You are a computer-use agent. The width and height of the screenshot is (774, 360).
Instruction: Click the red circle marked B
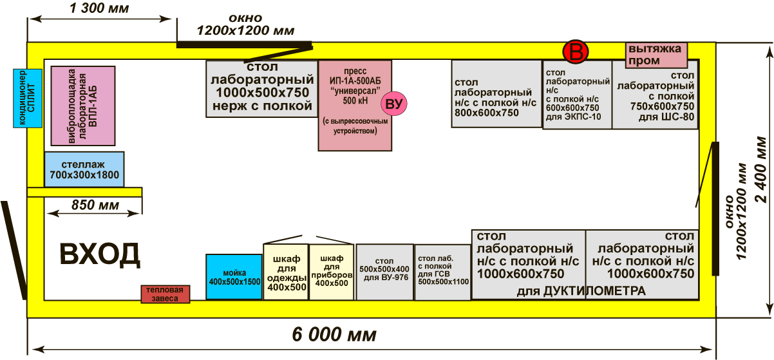pos(575,52)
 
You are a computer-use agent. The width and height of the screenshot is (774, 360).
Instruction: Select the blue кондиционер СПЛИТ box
pos(27,98)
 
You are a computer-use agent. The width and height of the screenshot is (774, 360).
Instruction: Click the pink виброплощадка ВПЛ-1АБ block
pos(82,105)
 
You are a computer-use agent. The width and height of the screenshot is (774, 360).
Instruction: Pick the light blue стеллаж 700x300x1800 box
pos(84,169)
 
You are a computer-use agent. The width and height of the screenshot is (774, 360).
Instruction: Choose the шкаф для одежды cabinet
pos(286,272)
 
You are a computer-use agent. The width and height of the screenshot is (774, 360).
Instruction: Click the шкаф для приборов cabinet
pos(332,272)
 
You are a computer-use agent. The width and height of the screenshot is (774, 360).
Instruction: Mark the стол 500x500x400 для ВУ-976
pos(384,272)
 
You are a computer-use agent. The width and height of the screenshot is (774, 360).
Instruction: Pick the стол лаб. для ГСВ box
pos(442,272)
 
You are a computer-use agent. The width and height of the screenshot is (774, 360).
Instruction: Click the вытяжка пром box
pos(656,55)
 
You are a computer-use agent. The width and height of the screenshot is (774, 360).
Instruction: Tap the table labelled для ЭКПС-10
pos(577,95)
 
